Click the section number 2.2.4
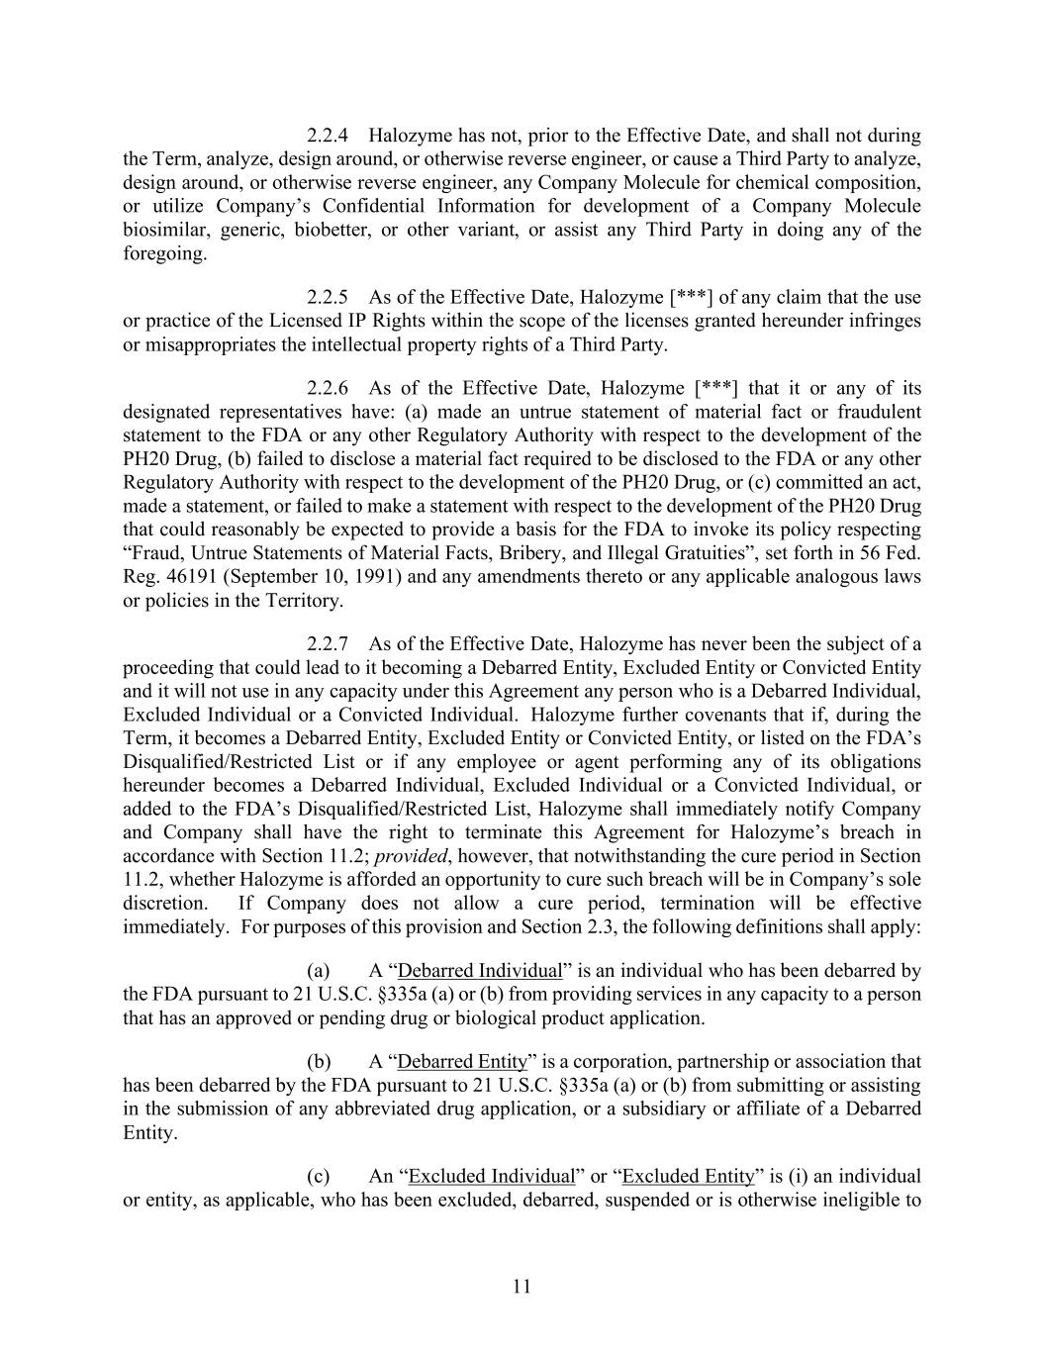point(328,136)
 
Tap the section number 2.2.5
point(328,297)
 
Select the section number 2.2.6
point(328,388)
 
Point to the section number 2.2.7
point(328,644)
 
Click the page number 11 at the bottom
point(522,1287)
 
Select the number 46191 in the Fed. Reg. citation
point(181,576)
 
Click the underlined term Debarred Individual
point(479,971)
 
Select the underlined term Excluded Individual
point(491,1177)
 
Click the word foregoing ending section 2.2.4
point(165,253)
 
